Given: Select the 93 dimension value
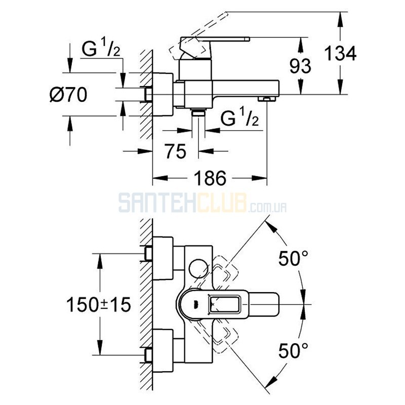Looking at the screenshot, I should click(300, 66).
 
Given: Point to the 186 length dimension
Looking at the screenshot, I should click(210, 178).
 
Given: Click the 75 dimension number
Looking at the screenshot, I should click(175, 150).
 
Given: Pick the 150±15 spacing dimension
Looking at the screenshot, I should click(99, 304).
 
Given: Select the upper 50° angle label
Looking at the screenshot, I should click(293, 259).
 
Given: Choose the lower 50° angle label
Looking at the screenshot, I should click(293, 349).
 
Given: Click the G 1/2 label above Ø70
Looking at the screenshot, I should click(101, 50).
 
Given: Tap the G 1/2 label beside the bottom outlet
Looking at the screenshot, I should click(240, 119).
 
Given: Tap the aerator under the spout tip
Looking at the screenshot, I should click(265, 98).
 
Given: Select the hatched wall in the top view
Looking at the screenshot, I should click(146, 304).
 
